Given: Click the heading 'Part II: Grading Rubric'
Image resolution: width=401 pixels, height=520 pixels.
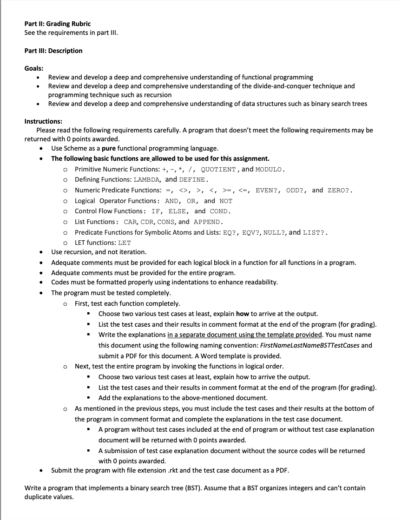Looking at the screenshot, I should pyautogui.click(x=58, y=24).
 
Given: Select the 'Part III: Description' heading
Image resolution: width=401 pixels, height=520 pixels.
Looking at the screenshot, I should pyautogui.click(x=53, y=51).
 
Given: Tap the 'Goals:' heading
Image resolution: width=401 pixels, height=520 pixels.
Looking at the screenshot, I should pyautogui.click(x=34, y=68).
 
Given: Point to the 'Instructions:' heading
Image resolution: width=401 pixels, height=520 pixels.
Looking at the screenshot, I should pyautogui.click(x=43, y=121).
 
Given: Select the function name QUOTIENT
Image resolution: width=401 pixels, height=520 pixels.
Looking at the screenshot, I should pyautogui.click(x=219, y=169).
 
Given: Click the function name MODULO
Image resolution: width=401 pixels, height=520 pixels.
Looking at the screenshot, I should pyautogui.click(x=270, y=169).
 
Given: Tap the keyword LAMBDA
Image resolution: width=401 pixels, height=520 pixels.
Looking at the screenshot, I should pyautogui.click(x=146, y=180).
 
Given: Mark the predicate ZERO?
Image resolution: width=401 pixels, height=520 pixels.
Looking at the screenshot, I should pyautogui.click(x=340, y=191).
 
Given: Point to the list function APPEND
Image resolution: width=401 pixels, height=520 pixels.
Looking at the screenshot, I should pyautogui.click(x=209, y=222).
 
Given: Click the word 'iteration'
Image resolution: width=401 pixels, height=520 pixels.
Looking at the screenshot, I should pyautogui.click(x=132, y=252).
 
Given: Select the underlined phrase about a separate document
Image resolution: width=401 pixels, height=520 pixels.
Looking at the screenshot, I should pyautogui.click(x=245, y=335).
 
